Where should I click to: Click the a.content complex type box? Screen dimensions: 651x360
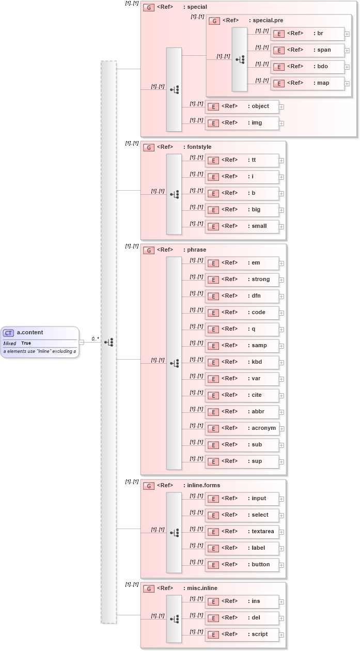coord(40,342)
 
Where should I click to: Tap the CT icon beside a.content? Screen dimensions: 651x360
coord(9,333)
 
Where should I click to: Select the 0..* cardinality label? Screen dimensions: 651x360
coord(95,339)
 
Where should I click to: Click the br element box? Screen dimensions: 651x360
coord(307,34)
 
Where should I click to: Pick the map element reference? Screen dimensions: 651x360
coord(307,83)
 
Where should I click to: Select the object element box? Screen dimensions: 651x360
coord(242,106)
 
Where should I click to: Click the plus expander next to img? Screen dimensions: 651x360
coord(281,123)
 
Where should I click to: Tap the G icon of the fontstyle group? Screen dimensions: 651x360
coord(149,147)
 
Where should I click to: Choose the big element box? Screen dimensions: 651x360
coord(242,210)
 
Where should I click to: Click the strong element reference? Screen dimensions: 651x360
coord(242,280)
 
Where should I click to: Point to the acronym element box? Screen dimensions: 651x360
coord(242,428)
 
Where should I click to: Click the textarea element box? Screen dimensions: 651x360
coord(242,532)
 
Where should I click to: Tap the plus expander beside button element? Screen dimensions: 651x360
coord(281,565)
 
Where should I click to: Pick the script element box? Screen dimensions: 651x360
coord(242,634)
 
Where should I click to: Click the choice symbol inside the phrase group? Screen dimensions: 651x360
coord(174,363)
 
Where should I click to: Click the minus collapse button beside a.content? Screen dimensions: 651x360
coord(82,342)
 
